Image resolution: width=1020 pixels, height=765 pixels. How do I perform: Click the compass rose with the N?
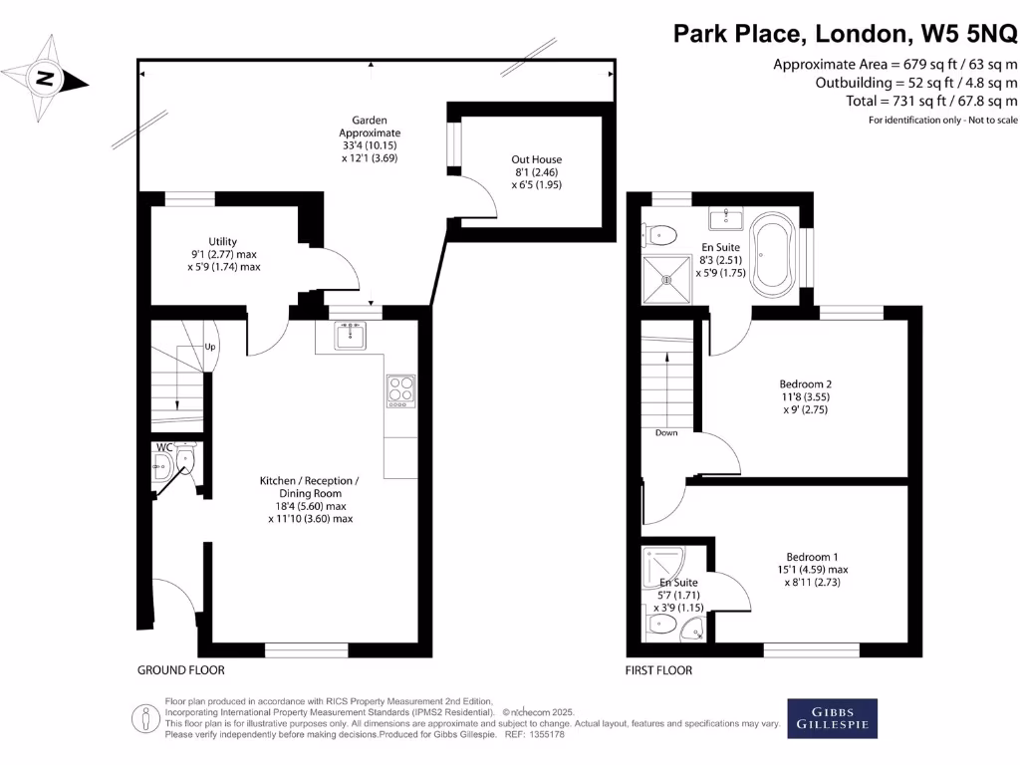(x=44, y=76)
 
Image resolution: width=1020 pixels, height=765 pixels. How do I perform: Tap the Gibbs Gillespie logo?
(x=833, y=718)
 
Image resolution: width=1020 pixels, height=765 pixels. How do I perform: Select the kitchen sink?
(x=350, y=336)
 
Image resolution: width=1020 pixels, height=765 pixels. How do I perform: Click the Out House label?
(x=537, y=159)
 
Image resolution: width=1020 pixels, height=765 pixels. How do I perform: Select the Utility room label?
(x=222, y=241)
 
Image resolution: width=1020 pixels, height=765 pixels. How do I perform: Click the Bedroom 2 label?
(x=805, y=384)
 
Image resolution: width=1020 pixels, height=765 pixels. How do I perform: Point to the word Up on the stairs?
(x=210, y=347)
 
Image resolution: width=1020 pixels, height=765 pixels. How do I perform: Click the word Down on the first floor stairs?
(x=667, y=433)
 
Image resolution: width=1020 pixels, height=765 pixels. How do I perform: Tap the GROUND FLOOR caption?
(x=181, y=670)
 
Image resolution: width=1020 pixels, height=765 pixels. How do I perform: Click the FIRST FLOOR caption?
(x=658, y=670)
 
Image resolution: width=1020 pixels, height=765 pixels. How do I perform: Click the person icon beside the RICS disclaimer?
(x=146, y=718)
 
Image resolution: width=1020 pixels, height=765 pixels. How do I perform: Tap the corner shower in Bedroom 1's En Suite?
(x=660, y=564)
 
